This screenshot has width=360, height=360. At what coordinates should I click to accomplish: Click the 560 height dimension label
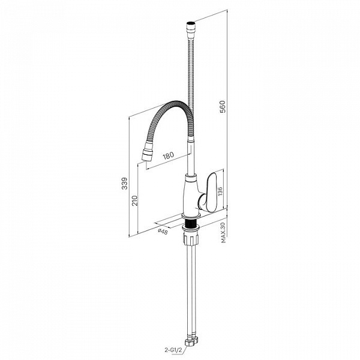click(x=223, y=107)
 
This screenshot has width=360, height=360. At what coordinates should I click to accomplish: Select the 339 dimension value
click(x=124, y=183)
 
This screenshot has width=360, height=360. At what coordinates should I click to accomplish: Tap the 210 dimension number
click(x=135, y=200)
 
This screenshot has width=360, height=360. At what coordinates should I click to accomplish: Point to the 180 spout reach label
click(x=168, y=155)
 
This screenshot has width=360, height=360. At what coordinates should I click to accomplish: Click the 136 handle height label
click(x=220, y=191)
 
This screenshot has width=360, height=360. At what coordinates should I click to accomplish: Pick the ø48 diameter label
click(x=163, y=232)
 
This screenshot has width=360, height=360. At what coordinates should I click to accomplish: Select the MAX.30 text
click(x=224, y=232)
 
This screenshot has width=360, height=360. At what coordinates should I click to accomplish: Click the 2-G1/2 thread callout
click(x=173, y=350)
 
